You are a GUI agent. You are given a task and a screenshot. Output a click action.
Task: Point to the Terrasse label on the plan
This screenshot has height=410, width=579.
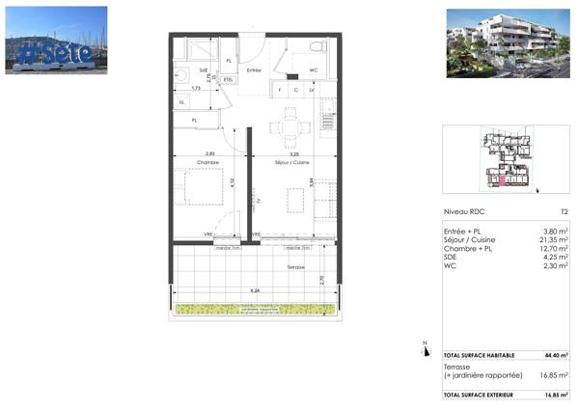295,267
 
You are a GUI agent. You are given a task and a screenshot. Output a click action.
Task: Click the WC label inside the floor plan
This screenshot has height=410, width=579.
314,70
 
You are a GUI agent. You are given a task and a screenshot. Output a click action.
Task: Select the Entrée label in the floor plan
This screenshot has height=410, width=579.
255,70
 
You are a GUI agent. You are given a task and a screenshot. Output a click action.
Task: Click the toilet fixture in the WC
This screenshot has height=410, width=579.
316,47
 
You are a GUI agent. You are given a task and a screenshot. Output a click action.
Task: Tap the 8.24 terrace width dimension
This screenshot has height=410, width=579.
255,289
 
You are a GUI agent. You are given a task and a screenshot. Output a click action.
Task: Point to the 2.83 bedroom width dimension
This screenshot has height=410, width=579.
210,152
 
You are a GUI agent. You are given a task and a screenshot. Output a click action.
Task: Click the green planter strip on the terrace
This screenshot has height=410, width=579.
258,309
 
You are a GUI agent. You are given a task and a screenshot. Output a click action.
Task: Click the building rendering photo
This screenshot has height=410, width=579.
507,40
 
